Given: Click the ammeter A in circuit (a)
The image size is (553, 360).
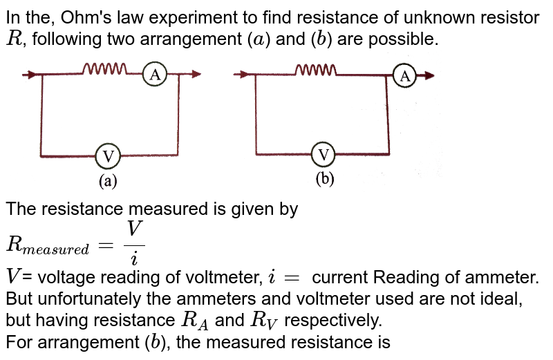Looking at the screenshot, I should (156, 75).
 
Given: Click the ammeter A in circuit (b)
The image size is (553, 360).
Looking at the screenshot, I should (404, 75).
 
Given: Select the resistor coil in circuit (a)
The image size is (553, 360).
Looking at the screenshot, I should (105, 68).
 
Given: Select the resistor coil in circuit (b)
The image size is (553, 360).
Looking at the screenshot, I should (316, 69).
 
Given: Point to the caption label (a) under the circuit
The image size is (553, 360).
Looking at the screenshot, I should (109, 181).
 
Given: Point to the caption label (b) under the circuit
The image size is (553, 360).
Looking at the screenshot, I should (324, 179).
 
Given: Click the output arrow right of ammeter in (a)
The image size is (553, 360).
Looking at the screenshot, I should (195, 75).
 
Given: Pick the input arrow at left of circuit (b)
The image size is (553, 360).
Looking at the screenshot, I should (241, 75).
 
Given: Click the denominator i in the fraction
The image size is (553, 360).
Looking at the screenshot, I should (134, 258).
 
